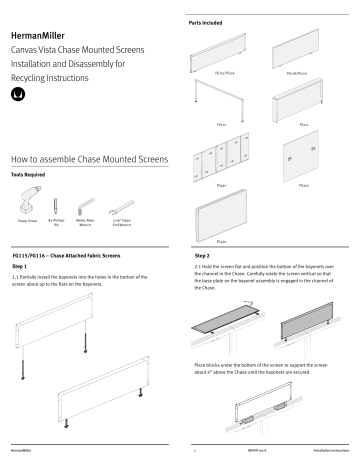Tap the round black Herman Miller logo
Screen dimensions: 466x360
coord(17,93)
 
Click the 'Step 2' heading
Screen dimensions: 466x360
coord(202,256)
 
